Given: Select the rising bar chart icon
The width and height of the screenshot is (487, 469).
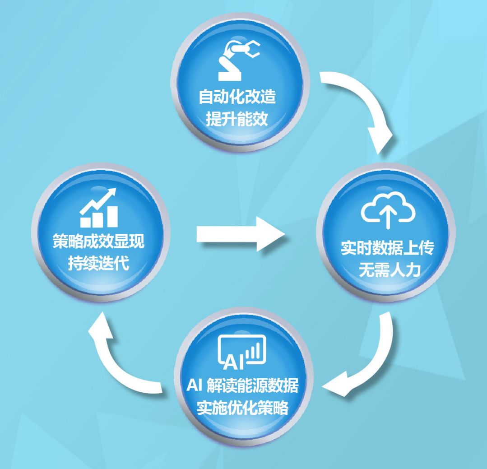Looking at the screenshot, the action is click(x=99, y=208).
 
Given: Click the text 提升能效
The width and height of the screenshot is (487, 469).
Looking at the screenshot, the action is click(x=237, y=119).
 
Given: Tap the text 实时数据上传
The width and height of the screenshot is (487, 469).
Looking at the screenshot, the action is click(x=388, y=247).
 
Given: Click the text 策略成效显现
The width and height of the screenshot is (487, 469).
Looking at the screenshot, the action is click(x=99, y=241).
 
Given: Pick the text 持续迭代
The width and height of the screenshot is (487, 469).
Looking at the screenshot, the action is click(x=98, y=263).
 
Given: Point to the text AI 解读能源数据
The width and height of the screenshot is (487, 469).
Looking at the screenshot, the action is click(x=242, y=385).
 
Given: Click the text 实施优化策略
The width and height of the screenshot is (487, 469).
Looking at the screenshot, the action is click(x=242, y=408).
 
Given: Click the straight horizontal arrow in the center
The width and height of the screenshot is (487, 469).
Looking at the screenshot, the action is click(x=241, y=234).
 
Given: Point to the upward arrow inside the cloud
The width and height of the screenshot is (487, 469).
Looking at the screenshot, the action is click(x=388, y=218).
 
